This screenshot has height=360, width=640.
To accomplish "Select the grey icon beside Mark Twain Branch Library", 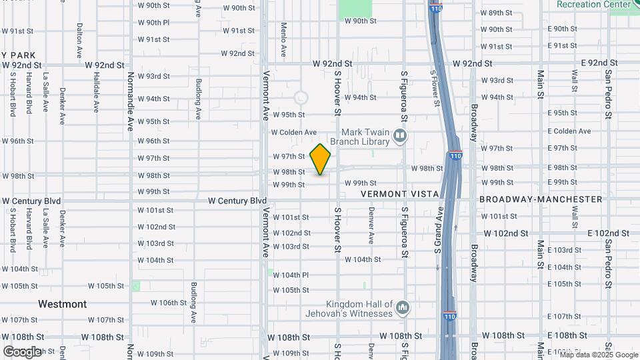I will pyautogui.click(x=400, y=137).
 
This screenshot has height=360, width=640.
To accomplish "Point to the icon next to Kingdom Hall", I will pyautogui.click(x=402, y=308).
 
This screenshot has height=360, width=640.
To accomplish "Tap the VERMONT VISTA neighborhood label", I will pyautogui.click(x=400, y=194).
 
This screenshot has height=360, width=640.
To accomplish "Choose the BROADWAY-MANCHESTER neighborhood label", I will pyautogui.click(x=541, y=199).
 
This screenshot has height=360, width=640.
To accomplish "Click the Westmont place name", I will pyautogui.click(x=62, y=304).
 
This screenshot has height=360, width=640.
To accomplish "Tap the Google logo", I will pyautogui.click(x=22, y=352).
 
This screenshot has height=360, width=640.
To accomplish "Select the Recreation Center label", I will pyautogui.click(x=594, y=5).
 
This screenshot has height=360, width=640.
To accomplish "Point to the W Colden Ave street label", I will pyautogui.click(x=294, y=133).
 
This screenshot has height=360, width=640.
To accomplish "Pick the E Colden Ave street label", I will pyautogui.click(x=569, y=131).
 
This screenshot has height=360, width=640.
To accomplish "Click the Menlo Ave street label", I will pyautogui.click(x=283, y=39).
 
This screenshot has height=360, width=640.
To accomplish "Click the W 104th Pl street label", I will pyautogui.click(x=291, y=275).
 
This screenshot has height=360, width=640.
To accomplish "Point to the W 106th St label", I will pyautogui.click(x=169, y=303).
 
